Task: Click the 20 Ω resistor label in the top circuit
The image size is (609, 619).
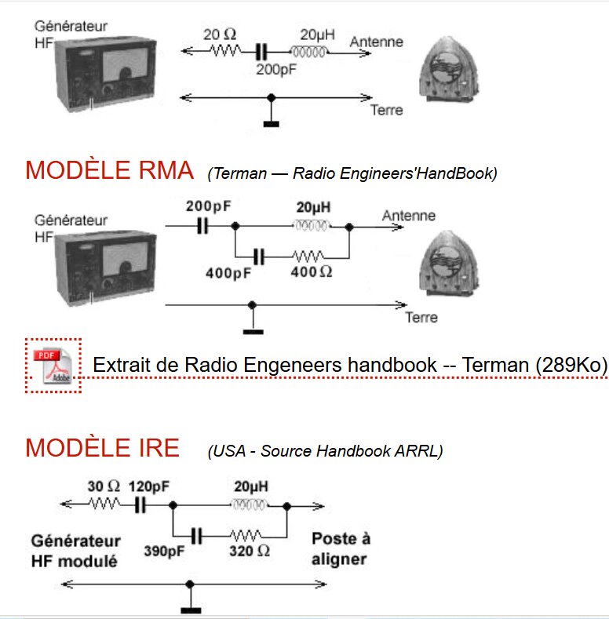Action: [220, 35]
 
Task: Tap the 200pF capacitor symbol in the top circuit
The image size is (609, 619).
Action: [261, 52]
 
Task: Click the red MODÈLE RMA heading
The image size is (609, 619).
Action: [109, 170]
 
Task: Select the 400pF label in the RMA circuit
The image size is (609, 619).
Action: [228, 273]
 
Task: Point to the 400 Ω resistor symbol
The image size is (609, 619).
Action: [308, 257]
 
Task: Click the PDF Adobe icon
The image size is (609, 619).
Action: [53, 366]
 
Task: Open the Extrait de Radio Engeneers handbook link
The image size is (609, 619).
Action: [350, 365]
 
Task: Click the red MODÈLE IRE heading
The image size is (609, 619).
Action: [102, 448]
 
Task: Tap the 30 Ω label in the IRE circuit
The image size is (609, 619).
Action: [104, 486]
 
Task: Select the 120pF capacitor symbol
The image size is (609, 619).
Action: [140, 505]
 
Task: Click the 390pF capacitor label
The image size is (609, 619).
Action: [164, 551]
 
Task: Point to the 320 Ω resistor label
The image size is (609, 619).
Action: [250, 551]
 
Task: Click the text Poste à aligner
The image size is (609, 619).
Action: [341, 549]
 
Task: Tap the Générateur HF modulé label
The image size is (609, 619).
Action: [76, 551]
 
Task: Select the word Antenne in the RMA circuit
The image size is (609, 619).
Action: [409, 216]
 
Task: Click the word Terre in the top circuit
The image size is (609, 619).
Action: [387, 110]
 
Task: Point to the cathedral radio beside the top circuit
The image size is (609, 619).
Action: [449, 70]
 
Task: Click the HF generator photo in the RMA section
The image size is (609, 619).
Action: [106, 268]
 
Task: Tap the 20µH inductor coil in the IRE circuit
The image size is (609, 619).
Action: [249, 504]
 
